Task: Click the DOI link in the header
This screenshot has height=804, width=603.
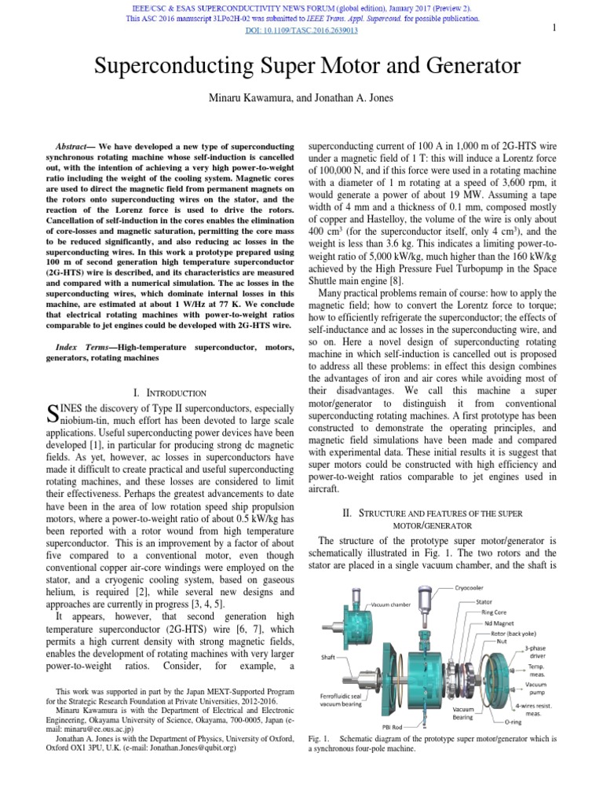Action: pyautogui.click(x=301, y=31)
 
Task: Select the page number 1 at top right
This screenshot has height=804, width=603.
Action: pyautogui.click(x=554, y=28)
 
